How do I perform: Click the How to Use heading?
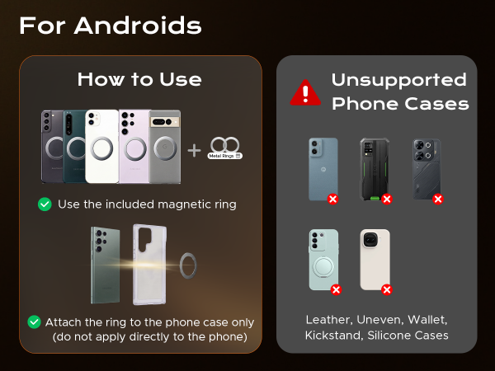(139, 79)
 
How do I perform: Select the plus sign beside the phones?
(194, 150)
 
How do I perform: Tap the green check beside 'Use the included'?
(45, 204)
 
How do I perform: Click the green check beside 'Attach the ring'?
(35, 322)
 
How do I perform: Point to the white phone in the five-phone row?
(102, 146)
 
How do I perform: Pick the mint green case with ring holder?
(323, 260)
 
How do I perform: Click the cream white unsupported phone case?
(374, 259)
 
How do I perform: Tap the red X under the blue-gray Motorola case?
(333, 200)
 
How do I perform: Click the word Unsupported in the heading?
(398, 80)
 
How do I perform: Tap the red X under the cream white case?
(386, 289)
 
